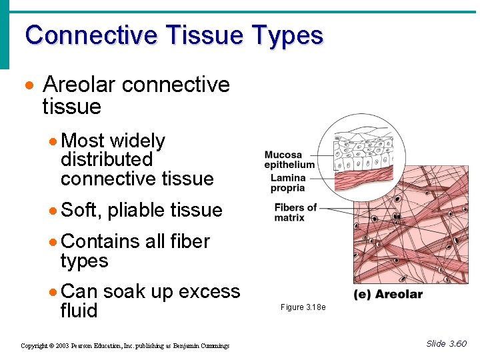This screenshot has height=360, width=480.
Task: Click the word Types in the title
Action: click(x=288, y=35)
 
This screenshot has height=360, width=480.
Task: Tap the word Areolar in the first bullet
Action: click(x=80, y=85)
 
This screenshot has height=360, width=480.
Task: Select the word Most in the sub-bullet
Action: click(x=83, y=141)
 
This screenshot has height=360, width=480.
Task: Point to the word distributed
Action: click(x=107, y=160)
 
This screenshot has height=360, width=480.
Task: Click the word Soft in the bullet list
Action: click(x=80, y=210)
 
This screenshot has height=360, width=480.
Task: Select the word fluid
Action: click(x=79, y=311)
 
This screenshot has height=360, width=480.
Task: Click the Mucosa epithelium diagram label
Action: click(x=289, y=160)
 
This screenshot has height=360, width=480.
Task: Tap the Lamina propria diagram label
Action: click(x=287, y=183)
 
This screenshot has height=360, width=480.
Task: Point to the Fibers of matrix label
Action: click(x=295, y=212)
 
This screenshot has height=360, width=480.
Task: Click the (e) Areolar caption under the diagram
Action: click(x=388, y=295)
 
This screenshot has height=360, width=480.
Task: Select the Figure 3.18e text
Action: click(x=303, y=307)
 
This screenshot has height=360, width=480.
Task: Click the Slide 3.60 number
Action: click(x=447, y=344)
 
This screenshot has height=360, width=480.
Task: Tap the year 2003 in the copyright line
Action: click(x=59, y=346)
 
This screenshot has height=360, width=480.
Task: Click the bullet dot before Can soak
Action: click(x=53, y=293)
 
